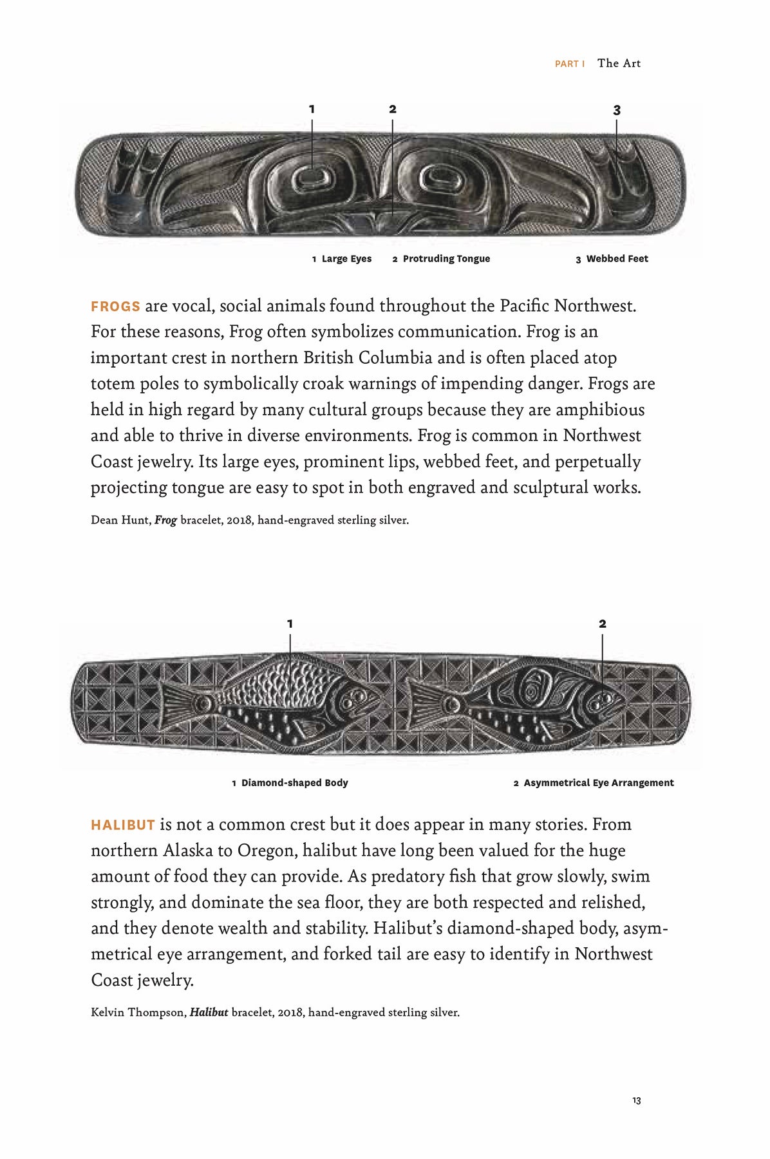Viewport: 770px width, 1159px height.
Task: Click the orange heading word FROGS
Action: [x=115, y=306]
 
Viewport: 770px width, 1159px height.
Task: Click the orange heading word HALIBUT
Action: [x=123, y=825]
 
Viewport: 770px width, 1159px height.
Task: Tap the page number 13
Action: [x=636, y=1101]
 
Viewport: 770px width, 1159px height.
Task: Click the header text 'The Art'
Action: [x=619, y=63]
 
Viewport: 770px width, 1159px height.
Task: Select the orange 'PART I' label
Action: [x=569, y=64]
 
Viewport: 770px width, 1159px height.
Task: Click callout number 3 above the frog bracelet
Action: [x=617, y=110]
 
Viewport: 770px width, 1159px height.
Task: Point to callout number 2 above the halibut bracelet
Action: [x=602, y=623]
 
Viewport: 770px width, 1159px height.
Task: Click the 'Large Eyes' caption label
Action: [x=346, y=259]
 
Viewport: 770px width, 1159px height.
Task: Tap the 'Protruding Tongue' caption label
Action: [x=446, y=259]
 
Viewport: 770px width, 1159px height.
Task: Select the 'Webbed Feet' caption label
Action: [x=617, y=259]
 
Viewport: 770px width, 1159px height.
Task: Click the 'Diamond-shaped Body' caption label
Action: [x=294, y=783]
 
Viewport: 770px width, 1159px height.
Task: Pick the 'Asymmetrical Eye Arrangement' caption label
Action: [x=598, y=783]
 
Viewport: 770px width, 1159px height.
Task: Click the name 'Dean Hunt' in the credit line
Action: [x=120, y=520]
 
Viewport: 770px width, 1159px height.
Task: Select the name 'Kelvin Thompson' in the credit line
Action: [x=138, y=1012]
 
